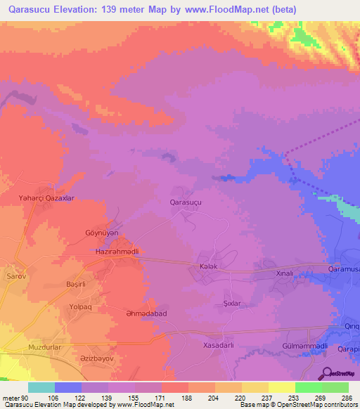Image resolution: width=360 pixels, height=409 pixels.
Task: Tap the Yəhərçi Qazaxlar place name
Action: coord(46,199)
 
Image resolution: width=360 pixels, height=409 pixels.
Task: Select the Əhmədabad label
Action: coord(127,315)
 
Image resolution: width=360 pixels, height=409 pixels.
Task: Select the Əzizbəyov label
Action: coord(96,358)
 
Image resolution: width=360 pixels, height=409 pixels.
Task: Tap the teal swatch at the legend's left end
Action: coord(41,387)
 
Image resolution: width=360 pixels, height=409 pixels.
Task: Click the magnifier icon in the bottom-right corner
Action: coord(326,373)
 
